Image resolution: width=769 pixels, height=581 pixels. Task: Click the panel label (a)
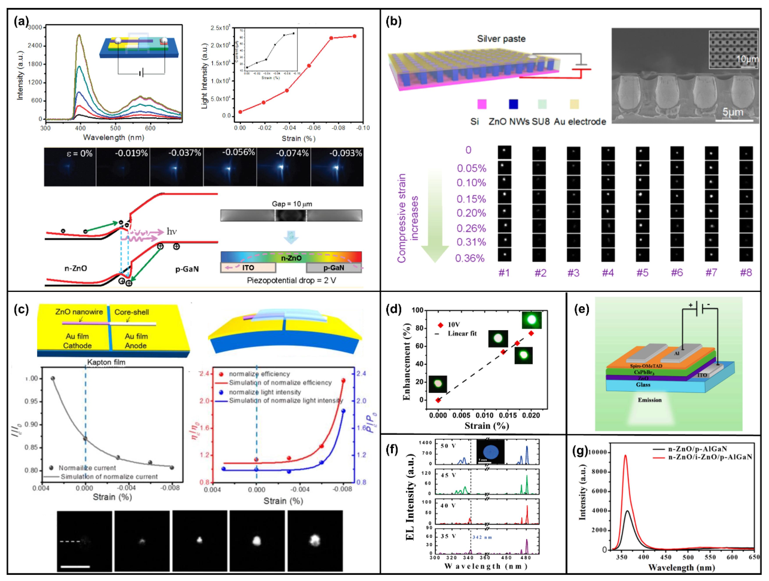click(x=21, y=21)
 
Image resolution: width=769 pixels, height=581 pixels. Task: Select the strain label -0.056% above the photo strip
click(x=238, y=152)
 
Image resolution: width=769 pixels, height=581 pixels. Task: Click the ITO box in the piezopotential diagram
click(x=248, y=267)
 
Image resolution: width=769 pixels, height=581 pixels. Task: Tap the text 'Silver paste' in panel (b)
click(x=501, y=39)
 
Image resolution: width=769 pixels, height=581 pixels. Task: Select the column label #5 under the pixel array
click(x=642, y=273)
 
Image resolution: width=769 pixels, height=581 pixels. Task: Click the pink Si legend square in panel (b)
click(x=482, y=104)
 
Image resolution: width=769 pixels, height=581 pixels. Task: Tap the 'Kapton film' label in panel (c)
click(x=106, y=362)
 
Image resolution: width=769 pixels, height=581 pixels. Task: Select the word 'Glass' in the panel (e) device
click(x=643, y=385)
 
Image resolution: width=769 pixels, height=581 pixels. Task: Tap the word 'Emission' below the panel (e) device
click(x=649, y=400)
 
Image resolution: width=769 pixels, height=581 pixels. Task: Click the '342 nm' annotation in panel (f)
click(x=482, y=537)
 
